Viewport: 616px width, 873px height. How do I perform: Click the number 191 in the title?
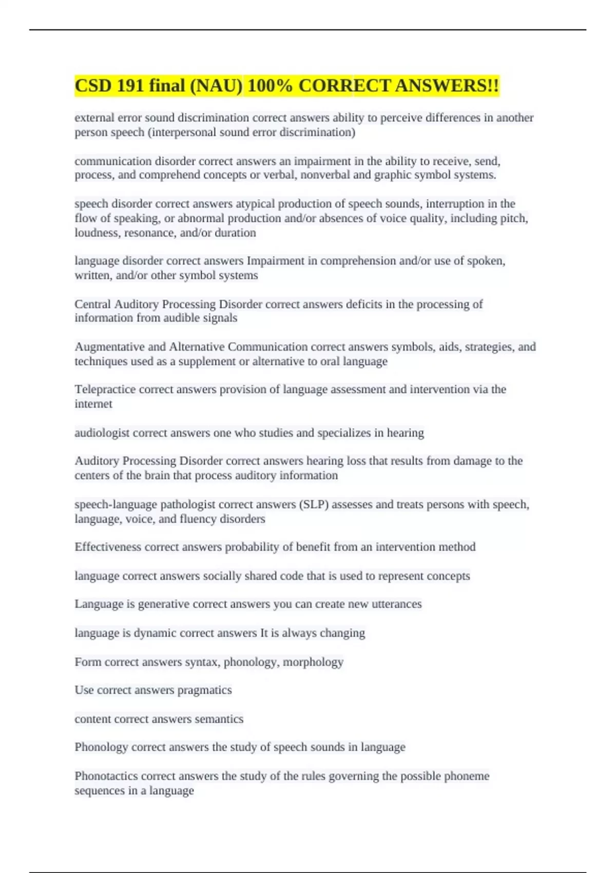[130, 86]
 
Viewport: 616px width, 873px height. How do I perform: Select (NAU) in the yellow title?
[216, 86]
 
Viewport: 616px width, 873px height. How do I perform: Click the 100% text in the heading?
[270, 86]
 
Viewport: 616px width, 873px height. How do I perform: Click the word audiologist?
[102, 433]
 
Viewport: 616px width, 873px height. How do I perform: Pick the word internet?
[93, 404]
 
